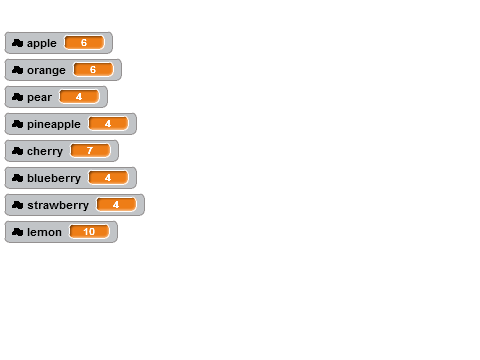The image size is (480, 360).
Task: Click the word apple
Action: coord(42,44)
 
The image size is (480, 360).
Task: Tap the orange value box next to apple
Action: coord(84,43)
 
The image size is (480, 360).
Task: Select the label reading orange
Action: coord(46,71)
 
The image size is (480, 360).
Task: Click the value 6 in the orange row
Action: coord(93,70)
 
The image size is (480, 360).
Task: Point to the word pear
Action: coord(39,98)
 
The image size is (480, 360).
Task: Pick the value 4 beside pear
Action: coord(79,97)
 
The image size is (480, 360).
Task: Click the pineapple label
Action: coord(54,125)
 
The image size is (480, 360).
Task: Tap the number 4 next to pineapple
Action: coord(108,124)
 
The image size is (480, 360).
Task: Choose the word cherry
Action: coord(45,152)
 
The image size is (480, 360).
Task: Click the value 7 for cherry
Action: coord(90,151)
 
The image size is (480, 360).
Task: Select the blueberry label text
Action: coord(54,178)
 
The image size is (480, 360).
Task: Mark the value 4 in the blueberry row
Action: coord(108,178)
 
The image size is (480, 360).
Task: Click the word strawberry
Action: coord(58,205)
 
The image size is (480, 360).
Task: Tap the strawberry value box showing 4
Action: coord(116,205)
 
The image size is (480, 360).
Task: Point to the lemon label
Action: coord(44,232)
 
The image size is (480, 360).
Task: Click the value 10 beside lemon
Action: coord(89,232)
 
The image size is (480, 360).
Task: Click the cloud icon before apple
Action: coord(17,43)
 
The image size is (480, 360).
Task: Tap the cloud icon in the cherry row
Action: coord(17,151)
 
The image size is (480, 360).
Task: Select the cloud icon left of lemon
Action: coord(17,232)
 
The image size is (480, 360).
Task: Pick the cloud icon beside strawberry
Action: coord(17,205)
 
